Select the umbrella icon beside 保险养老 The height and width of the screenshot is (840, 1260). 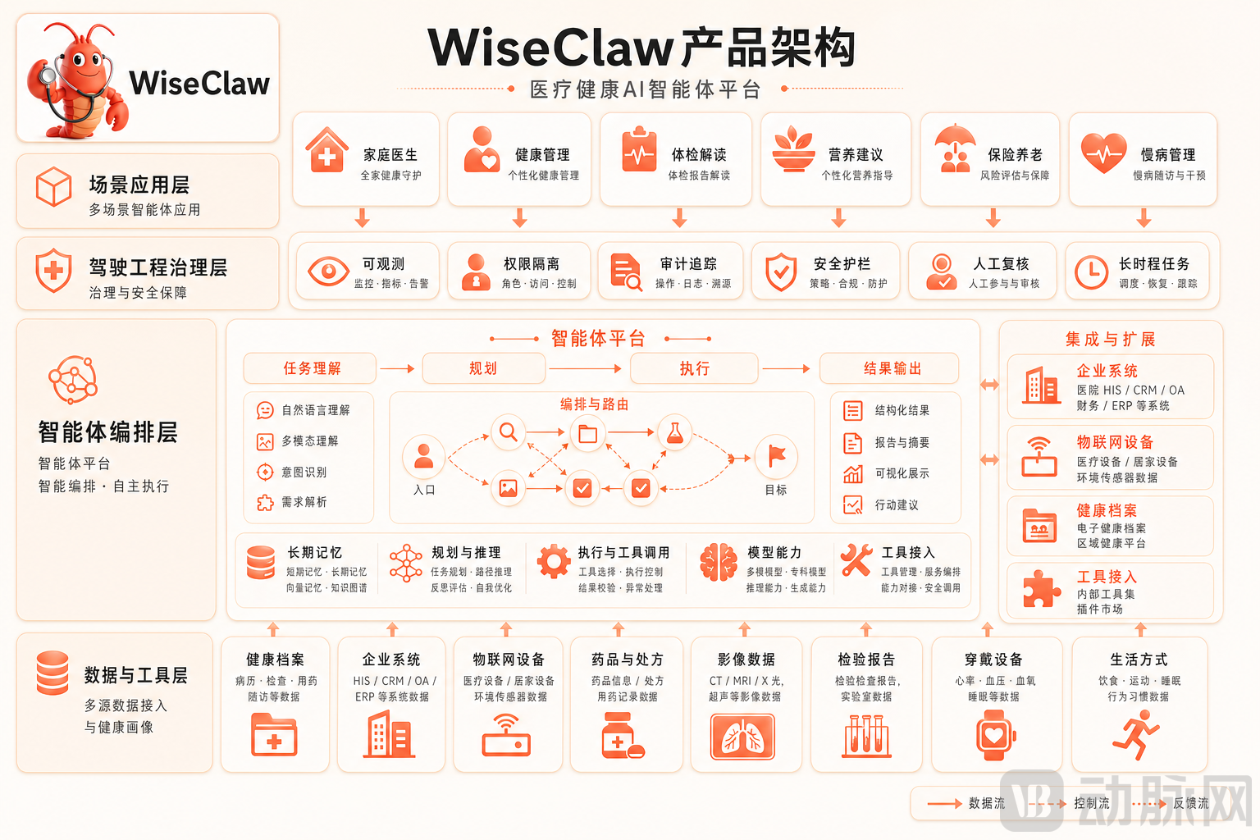tap(955, 148)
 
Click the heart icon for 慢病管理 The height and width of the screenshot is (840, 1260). tap(1103, 153)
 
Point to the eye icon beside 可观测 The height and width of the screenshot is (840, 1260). tap(328, 272)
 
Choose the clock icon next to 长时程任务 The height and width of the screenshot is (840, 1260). tap(1091, 272)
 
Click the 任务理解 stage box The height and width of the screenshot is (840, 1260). tap(310, 368)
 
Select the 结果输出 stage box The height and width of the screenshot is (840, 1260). tap(889, 368)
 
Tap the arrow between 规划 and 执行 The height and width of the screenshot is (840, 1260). tap(585, 368)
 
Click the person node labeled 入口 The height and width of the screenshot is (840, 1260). tap(423, 456)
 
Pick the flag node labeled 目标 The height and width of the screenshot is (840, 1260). tap(776, 456)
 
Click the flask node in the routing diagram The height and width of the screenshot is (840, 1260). tap(674, 432)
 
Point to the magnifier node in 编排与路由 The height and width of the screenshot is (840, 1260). tap(509, 432)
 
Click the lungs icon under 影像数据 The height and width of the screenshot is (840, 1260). tap(742, 737)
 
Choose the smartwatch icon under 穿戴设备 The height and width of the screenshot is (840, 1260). tap(995, 735)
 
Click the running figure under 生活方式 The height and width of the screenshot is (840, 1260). tap(1135, 735)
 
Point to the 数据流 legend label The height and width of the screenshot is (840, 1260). tap(987, 803)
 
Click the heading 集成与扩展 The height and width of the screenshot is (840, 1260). tap(1111, 340)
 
